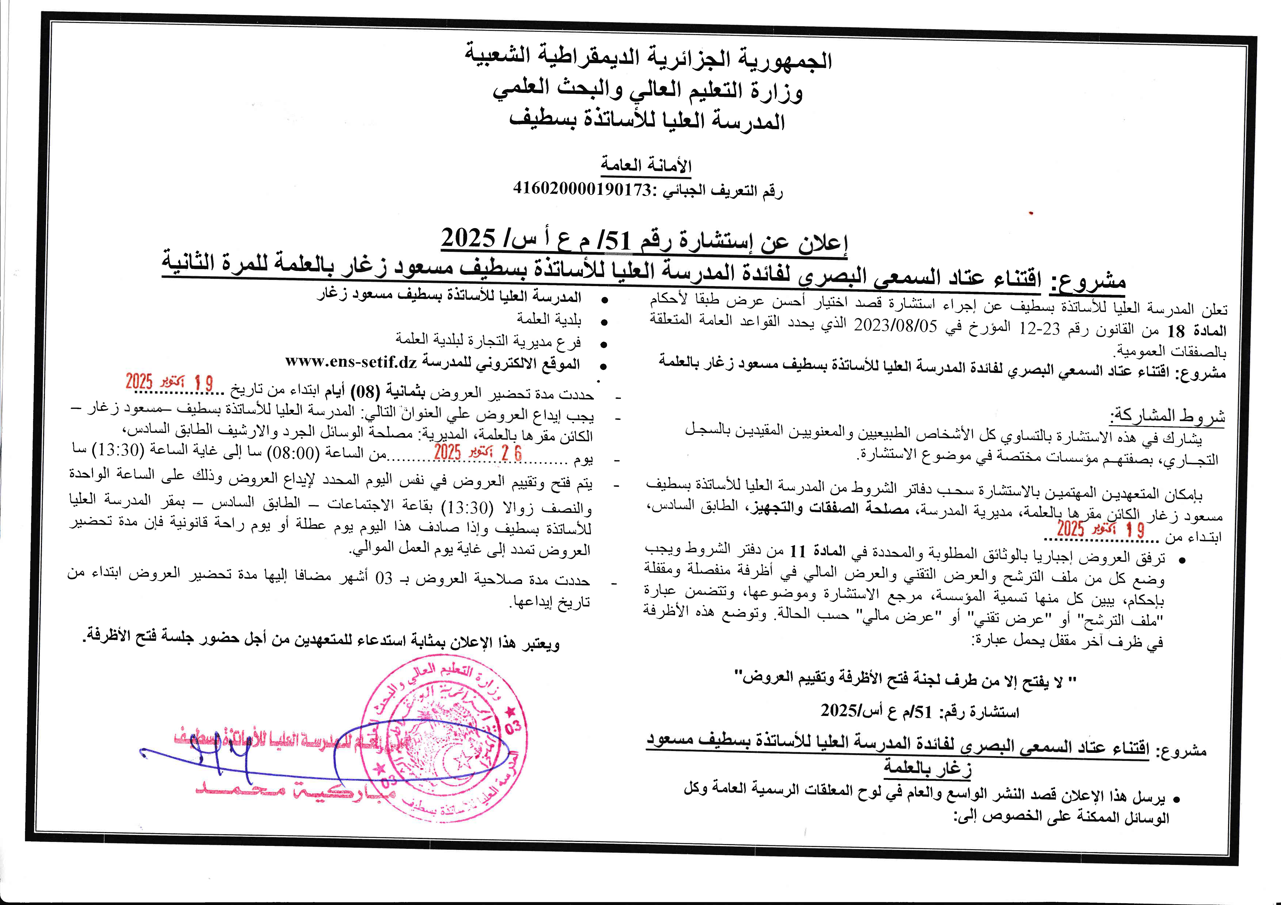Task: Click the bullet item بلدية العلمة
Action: point(549,319)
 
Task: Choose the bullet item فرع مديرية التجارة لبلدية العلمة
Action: point(488,340)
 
